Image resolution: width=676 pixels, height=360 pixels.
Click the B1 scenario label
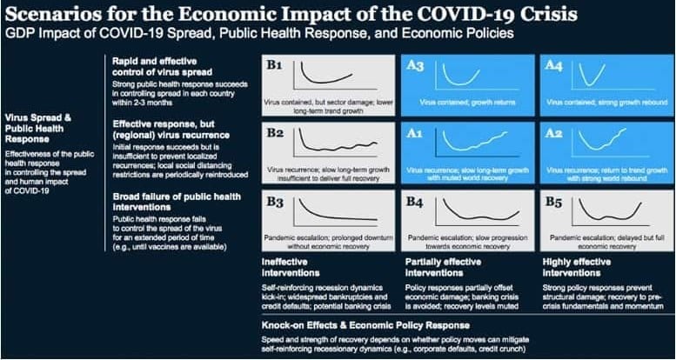(x=276, y=66)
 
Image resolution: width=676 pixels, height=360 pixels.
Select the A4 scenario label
(x=552, y=66)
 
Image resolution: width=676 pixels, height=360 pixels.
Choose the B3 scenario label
(x=276, y=203)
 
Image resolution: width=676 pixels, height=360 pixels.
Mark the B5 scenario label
(x=552, y=203)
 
